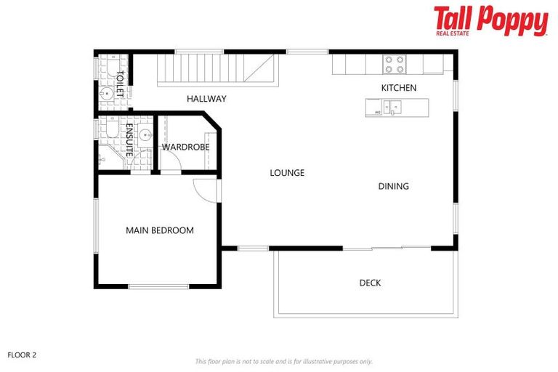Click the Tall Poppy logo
click(x=490, y=20)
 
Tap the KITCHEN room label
click(x=399, y=88)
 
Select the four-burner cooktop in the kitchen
click(x=395, y=65)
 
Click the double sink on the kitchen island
click(x=392, y=108)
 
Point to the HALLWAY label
click(x=206, y=99)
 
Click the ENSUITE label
click(x=129, y=140)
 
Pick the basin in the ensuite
click(x=145, y=134)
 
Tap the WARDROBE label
click(x=185, y=147)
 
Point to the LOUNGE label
click(x=287, y=173)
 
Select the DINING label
click(x=393, y=186)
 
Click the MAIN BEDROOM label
click(x=160, y=230)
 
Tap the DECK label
click(x=370, y=283)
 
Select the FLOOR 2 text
click(x=22, y=355)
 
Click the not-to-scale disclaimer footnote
click(x=283, y=361)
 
